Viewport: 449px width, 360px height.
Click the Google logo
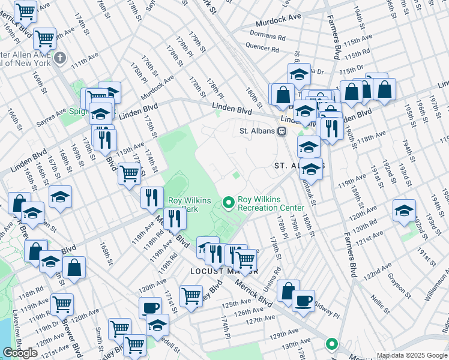point(20,353)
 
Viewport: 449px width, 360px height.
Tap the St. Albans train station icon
point(282,131)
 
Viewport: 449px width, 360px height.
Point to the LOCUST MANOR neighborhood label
point(215,271)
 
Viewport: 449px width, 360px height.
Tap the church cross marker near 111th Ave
point(60,58)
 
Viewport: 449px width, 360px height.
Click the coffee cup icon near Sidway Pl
point(304,300)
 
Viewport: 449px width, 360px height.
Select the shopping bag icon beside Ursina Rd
point(288,290)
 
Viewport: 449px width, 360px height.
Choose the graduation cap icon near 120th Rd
point(404,210)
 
